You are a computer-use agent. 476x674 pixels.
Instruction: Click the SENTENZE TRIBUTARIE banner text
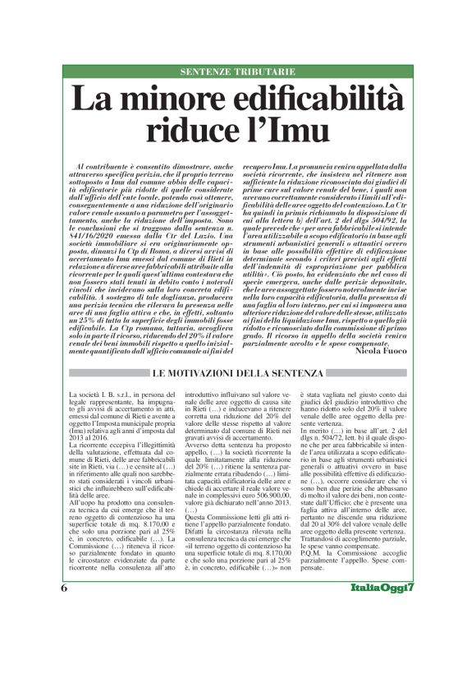237,72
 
